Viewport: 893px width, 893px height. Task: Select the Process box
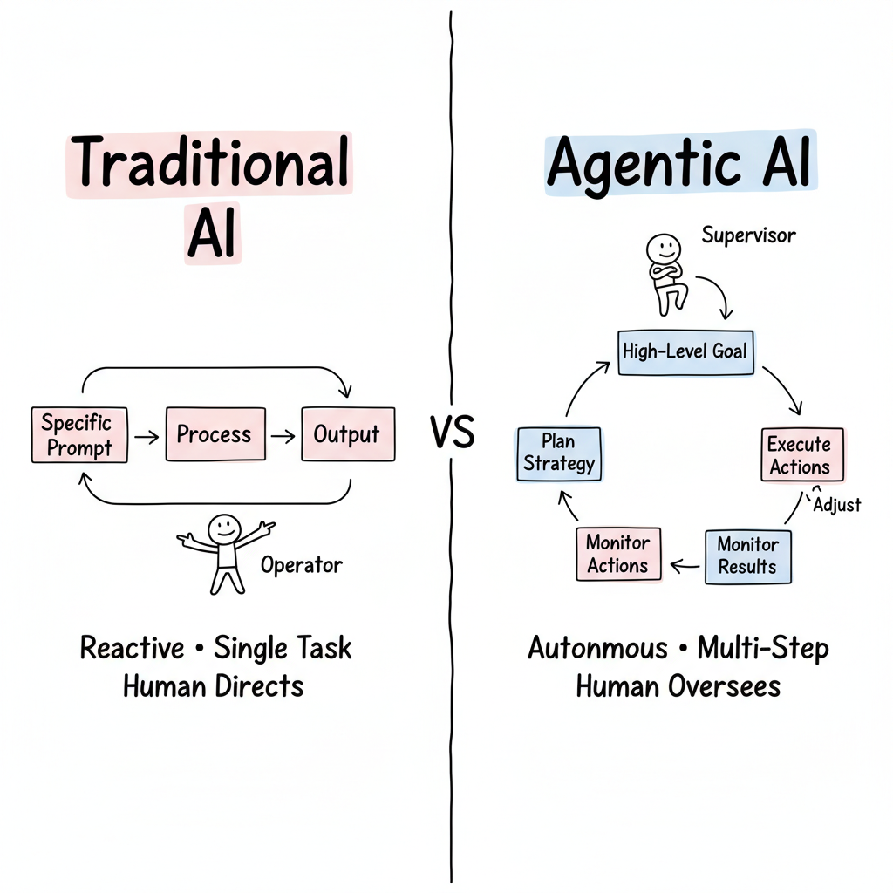coord(214,433)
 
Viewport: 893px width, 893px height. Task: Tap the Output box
coord(347,433)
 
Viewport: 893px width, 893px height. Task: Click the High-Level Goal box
coord(685,352)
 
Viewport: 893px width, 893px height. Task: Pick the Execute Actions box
coord(800,454)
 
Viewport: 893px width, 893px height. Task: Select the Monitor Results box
coord(747,556)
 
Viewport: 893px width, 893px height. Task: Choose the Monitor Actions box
coord(617,555)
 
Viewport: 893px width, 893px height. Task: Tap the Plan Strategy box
coord(559,453)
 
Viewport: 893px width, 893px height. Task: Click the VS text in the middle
coord(452,433)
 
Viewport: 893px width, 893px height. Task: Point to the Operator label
coord(302,564)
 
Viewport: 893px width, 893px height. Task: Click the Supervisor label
coord(748,235)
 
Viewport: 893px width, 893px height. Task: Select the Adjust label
coord(836,504)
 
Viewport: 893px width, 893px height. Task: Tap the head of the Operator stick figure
coord(223,528)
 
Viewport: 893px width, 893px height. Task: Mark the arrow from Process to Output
coord(283,434)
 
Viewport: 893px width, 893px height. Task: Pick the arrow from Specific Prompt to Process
coord(147,434)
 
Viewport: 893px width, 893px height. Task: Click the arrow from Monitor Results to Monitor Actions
coord(684,566)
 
